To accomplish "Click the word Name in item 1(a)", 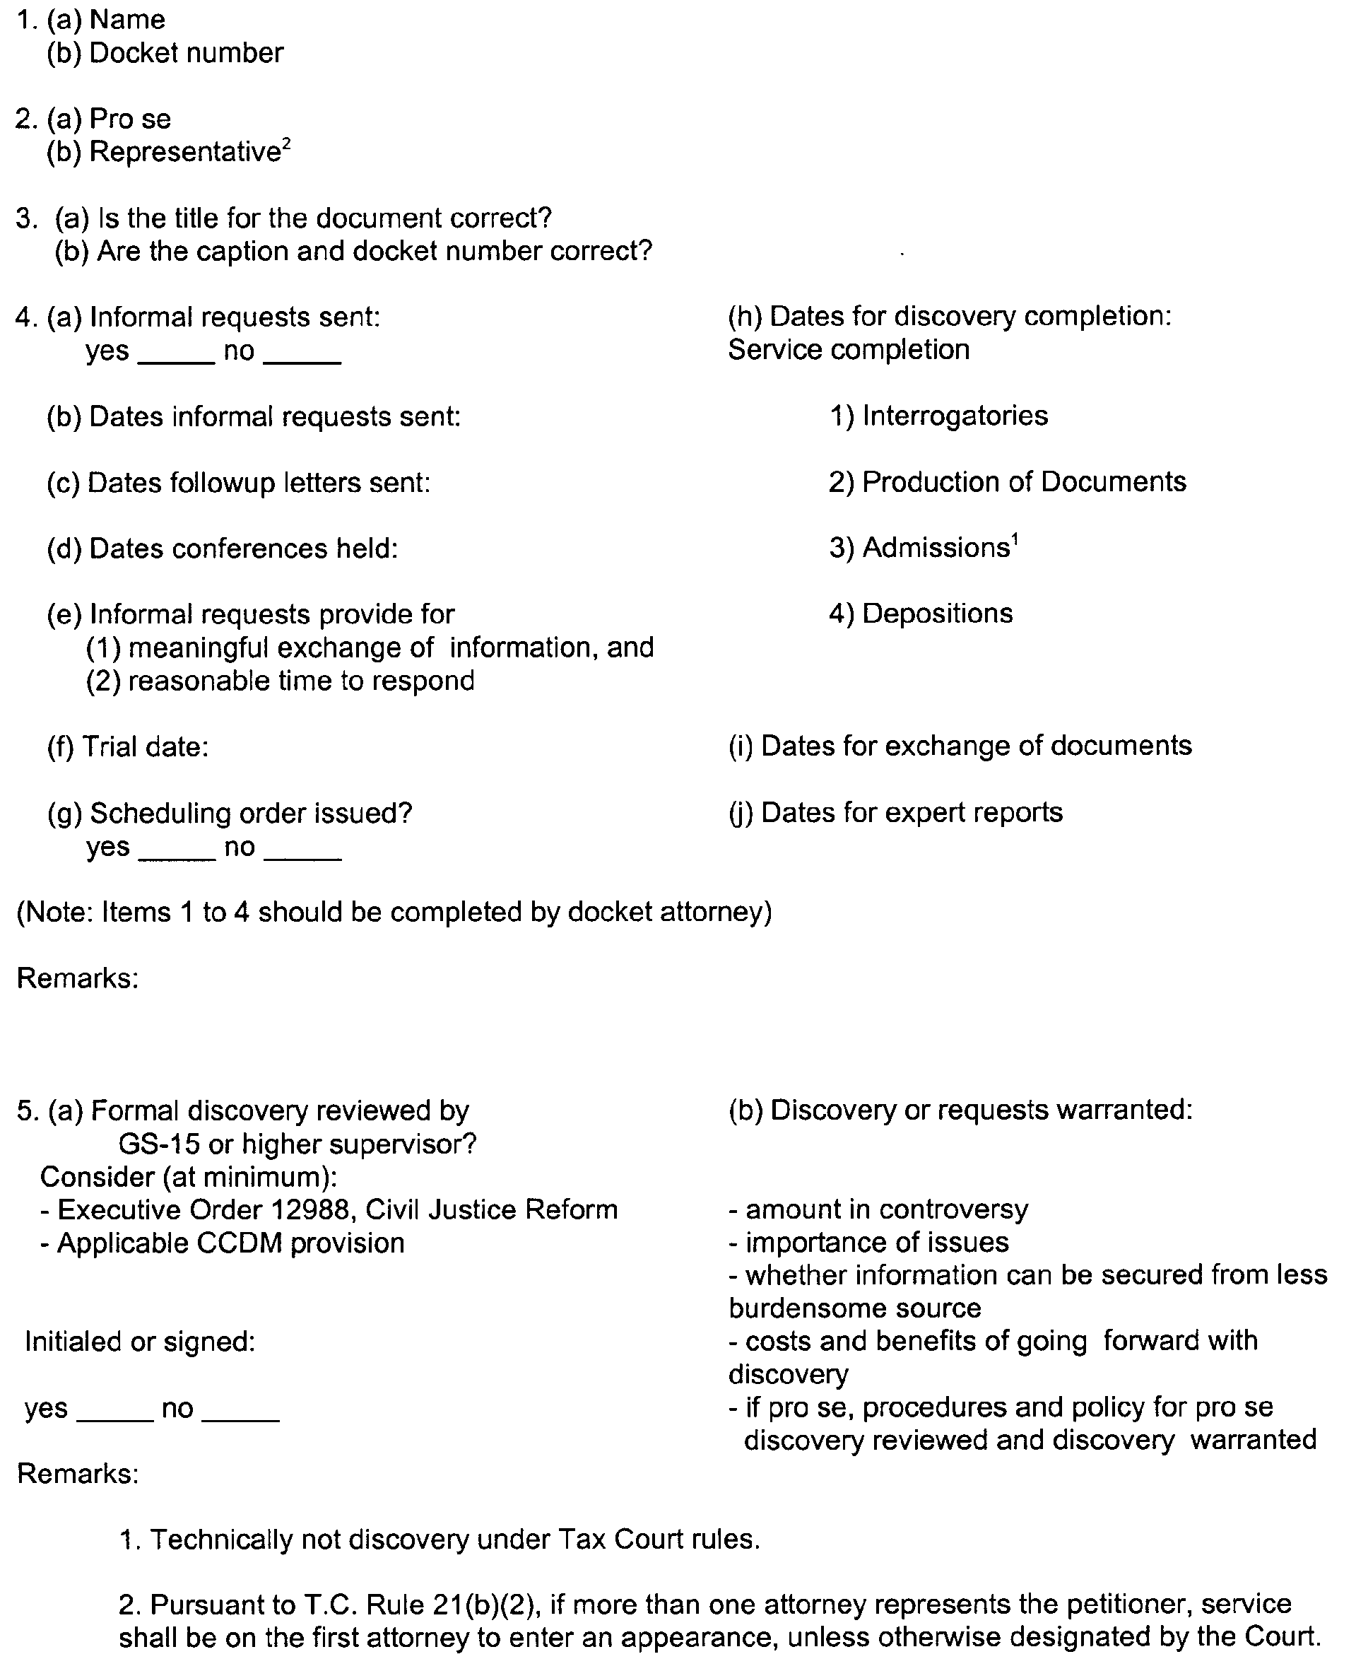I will (x=127, y=20).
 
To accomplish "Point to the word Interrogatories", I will (x=955, y=416).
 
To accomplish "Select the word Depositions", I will (x=937, y=614).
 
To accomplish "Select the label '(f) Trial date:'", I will (x=128, y=747).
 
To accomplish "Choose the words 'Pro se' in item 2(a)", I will (x=129, y=119).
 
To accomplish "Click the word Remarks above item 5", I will (x=77, y=978).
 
